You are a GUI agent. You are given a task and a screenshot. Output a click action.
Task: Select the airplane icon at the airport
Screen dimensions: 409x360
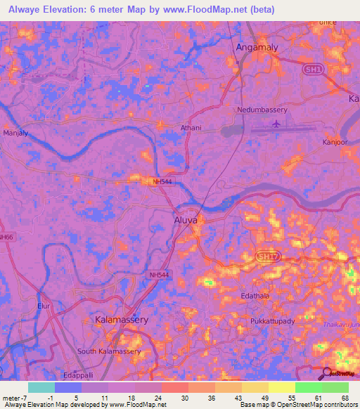click(x=276, y=124)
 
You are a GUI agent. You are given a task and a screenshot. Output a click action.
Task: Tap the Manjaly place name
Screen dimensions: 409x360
click(x=15, y=132)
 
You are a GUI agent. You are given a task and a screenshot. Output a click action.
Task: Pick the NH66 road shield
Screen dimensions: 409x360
click(x=6, y=238)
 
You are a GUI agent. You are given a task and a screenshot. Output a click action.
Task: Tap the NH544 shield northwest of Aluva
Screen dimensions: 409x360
click(x=162, y=181)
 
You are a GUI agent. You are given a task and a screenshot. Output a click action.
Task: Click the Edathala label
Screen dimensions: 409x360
click(x=255, y=297)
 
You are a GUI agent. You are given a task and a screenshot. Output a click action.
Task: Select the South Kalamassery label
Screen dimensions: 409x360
click(x=110, y=351)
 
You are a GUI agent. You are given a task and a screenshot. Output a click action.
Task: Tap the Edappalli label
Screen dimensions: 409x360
click(x=78, y=375)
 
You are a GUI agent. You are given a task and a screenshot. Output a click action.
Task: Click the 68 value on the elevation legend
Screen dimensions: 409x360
click(x=345, y=399)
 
